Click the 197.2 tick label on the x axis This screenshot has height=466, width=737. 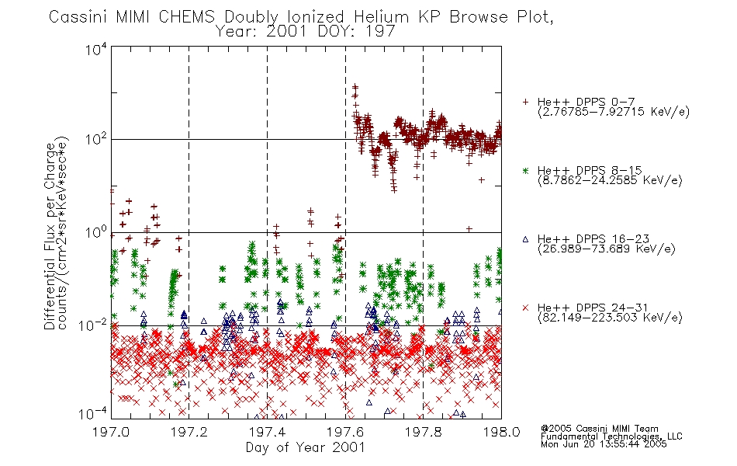pyautogui.click(x=189, y=433)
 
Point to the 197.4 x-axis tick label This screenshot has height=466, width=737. pyautogui.click(x=267, y=433)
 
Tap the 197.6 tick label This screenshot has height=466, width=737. pyautogui.click(x=345, y=433)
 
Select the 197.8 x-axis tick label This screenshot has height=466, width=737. pyautogui.click(x=424, y=433)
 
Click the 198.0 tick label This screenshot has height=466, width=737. pyautogui.click(x=501, y=433)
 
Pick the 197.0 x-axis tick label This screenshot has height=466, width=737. pyautogui.click(x=111, y=433)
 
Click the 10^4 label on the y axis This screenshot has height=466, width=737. pyautogui.click(x=96, y=50)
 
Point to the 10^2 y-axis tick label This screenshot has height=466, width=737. pyautogui.click(x=96, y=139)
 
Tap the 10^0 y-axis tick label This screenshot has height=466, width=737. pyautogui.click(x=96, y=232)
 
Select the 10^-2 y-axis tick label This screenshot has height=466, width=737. pyautogui.click(x=93, y=325)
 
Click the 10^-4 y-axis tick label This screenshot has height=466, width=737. pyautogui.click(x=93, y=414)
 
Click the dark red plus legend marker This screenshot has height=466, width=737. pyautogui.click(x=525, y=102)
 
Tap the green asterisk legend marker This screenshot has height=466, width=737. pyautogui.click(x=525, y=170)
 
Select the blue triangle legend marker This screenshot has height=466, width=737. pyautogui.click(x=525, y=239)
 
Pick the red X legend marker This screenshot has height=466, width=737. pyautogui.click(x=525, y=308)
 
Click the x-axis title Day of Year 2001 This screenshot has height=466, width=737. pyautogui.click(x=306, y=447)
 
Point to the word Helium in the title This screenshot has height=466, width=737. pyautogui.click(x=382, y=17)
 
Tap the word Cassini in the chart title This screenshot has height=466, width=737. pyautogui.click(x=79, y=17)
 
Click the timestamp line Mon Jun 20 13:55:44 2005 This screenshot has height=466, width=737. pyautogui.click(x=604, y=444)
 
